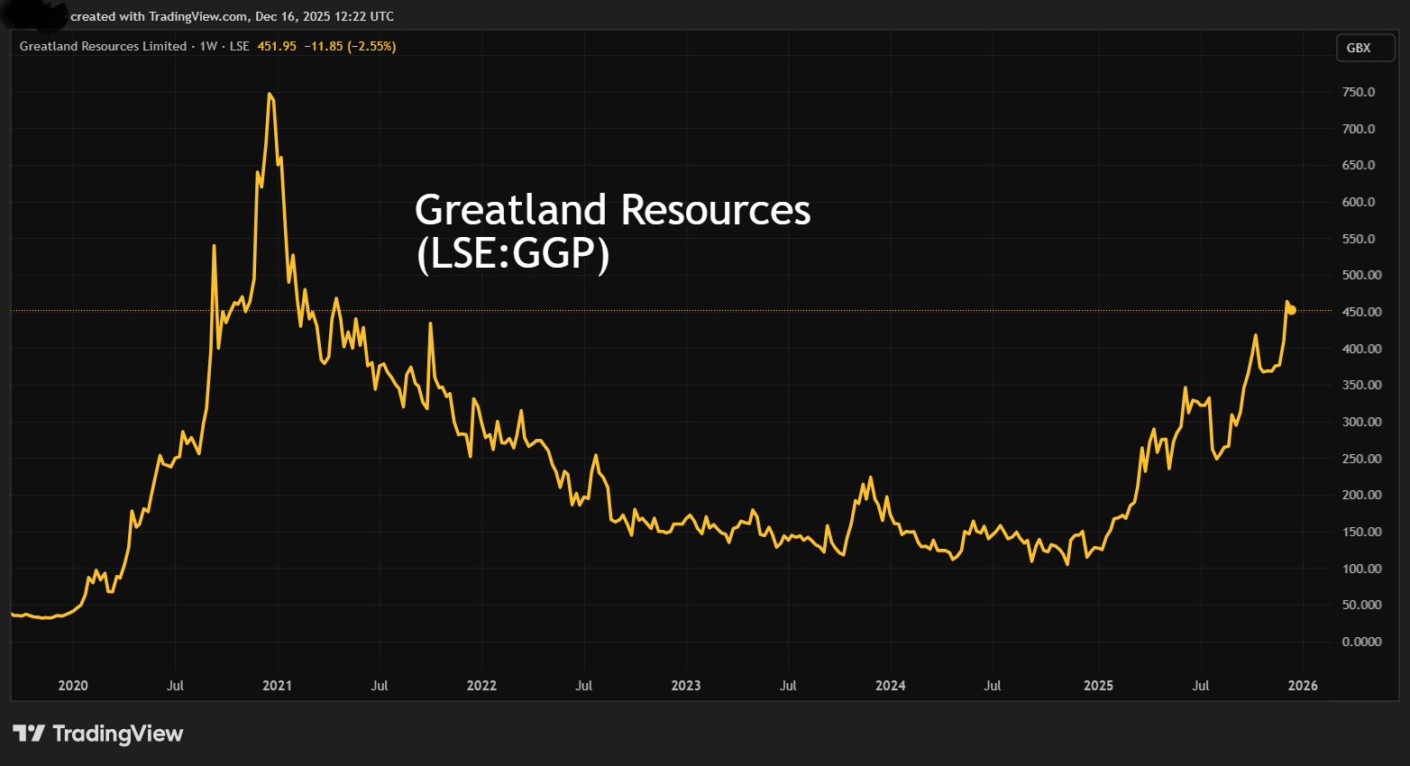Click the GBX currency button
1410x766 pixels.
1358,48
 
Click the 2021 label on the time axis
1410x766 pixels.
277,686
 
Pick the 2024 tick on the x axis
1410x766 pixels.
890,686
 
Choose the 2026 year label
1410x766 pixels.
1303,686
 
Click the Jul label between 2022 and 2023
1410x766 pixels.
583,686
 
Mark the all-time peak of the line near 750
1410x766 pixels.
269,94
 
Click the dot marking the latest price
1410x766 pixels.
1292,310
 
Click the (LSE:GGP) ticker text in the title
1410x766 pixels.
512,253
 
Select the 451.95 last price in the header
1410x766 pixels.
277,46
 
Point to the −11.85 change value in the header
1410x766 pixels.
323,46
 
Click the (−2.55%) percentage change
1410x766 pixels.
371,46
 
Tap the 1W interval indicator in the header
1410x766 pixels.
208,46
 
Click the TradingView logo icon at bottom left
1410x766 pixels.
28,734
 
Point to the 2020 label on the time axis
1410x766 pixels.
73,686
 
